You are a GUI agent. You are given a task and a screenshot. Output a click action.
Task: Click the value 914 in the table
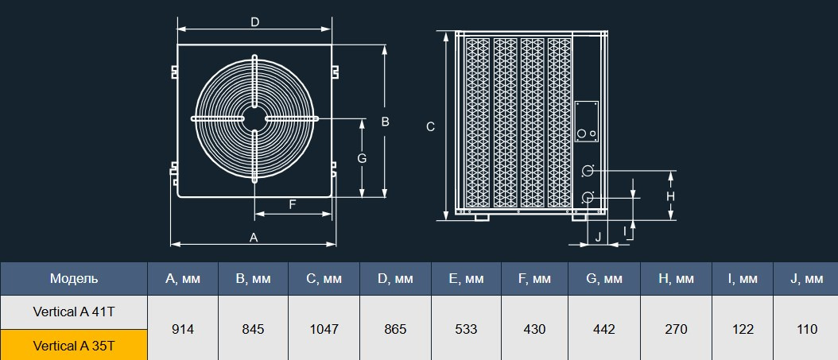(183, 329)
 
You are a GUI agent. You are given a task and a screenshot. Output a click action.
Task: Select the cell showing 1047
(324, 329)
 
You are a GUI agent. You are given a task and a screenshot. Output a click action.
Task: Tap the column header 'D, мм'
(395, 279)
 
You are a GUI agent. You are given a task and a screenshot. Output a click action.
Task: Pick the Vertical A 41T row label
(74, 312)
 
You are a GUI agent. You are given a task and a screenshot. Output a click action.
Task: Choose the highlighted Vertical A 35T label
(74, 346)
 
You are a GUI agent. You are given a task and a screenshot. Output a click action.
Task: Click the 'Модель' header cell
(74, 279)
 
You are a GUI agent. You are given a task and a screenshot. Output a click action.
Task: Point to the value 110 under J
(806, 329)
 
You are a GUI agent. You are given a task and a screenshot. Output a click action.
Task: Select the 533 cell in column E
(466, 329)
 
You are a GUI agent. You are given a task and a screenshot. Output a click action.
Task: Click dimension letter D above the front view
(254, 22)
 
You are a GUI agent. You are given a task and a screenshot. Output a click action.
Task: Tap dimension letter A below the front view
(254, 238)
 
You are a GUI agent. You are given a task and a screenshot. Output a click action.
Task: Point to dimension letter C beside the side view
(430, 126)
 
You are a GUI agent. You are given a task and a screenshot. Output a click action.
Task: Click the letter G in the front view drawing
(362, 158)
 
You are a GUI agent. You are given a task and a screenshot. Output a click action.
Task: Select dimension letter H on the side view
(670, 195)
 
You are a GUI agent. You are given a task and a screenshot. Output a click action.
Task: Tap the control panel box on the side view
(587, 122)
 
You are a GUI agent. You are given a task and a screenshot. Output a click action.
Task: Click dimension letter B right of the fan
(385, 122)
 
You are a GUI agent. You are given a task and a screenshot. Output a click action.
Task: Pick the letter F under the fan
(293, 204)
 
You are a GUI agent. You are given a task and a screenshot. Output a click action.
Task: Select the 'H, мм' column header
(677, 279)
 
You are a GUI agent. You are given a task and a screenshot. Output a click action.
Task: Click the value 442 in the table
(604, 329)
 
